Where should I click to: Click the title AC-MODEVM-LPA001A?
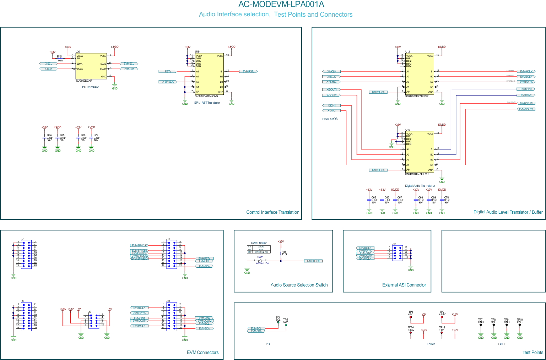(x=281, y=5)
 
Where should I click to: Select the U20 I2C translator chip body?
(x=91, y=66)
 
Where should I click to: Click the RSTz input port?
(x=168, y=72)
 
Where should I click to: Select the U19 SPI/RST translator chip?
(x=209, y=74)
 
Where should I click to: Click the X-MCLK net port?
(x=331, y=72)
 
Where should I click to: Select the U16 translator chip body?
(x=420, y=152)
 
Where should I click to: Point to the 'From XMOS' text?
(x=330, y=119)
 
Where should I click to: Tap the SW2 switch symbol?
(x=260, y=261)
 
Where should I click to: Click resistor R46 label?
(x=284, y=252)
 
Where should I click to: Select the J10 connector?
(x=398, y=252)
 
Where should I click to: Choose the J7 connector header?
(x=26, y=254)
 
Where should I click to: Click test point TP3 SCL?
(x=278, y=322)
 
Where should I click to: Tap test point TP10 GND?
(x=520, y=324)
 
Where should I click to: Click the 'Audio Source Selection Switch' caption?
(x=299, y=285)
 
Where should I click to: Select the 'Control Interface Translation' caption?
(x=272, y=212)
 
